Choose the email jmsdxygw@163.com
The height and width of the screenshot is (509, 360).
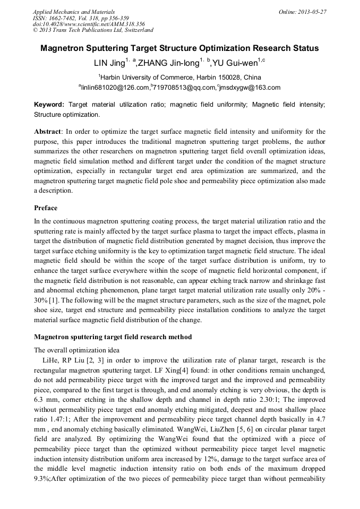(x=250, y=88)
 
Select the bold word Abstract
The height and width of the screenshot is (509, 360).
(x=48, y=131)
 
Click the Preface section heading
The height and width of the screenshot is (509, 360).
(x=46, y=208)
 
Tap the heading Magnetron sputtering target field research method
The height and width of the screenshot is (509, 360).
(x=113, y=337)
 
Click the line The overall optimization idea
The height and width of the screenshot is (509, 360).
(x=76, y=350)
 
